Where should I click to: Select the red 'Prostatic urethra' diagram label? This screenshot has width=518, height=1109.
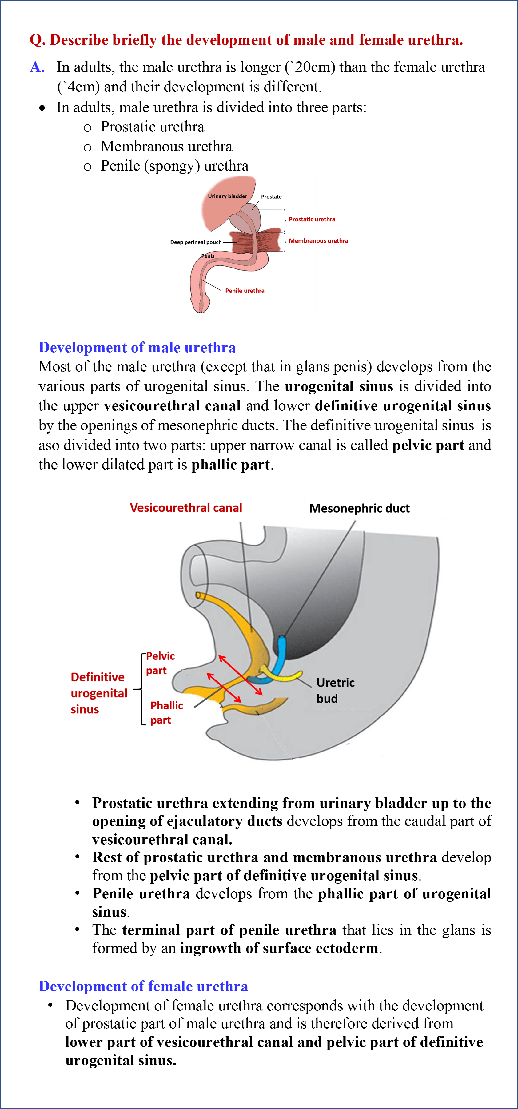pos(312,219)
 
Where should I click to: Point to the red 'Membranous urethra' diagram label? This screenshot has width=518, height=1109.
pos(318,241)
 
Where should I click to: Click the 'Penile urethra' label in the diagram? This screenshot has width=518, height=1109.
pos(245,291)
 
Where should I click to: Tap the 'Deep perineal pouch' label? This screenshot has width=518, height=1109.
pos(196,242)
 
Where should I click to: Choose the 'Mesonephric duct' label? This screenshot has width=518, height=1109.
pos(359,508)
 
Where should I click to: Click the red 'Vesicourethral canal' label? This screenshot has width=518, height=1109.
pos(186,508)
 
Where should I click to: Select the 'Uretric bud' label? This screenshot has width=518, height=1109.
pos(335,690)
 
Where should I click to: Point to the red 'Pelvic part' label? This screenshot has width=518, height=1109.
pos(160,663)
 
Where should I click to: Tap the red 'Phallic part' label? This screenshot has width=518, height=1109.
pos(166,712)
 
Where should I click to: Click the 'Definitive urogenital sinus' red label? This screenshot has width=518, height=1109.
pos(98,693)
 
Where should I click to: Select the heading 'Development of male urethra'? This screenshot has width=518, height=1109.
pos(137,347)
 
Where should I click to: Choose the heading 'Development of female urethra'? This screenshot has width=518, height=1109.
pos(143,986)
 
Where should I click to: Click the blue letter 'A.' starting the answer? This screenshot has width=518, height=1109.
pos(37,67)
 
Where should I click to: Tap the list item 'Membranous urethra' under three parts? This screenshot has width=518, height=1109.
pos(166,147)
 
